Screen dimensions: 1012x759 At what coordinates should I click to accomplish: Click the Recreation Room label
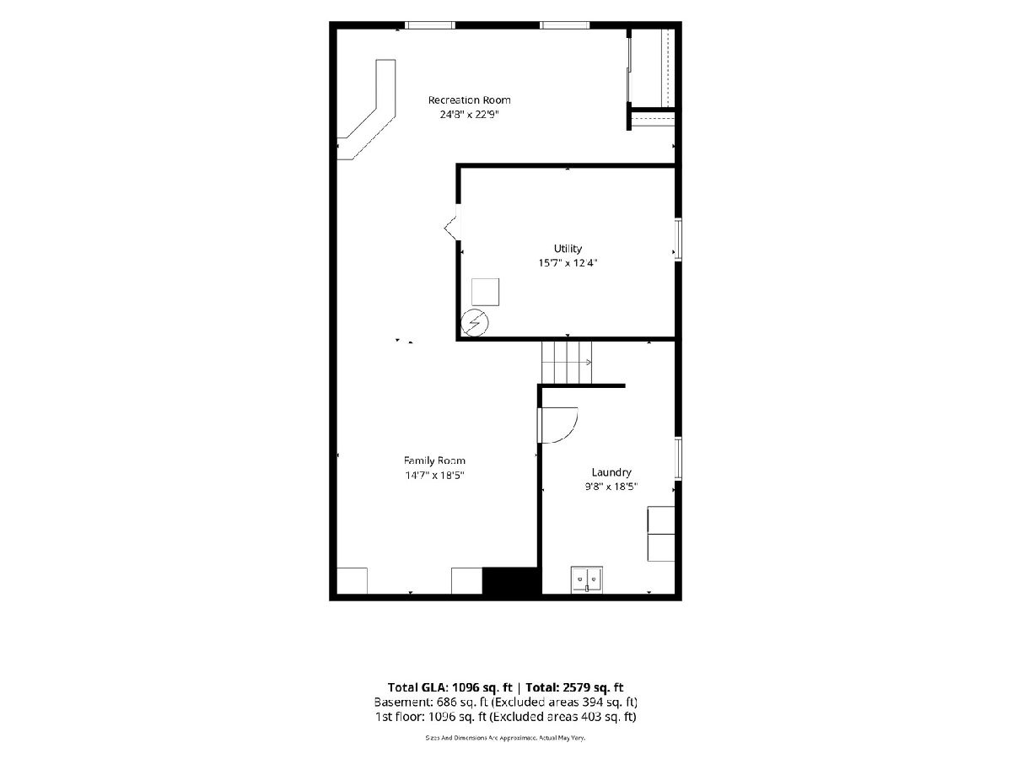(469, 100)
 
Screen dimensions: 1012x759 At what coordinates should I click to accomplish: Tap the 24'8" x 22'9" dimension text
(469, 115)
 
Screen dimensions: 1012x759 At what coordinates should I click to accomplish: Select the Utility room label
(568, 249)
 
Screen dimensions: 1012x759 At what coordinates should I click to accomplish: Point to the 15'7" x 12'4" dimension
(568, 263)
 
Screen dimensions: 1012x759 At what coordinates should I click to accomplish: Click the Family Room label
(434, 460)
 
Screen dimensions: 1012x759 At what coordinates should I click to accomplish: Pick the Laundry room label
(611, 472)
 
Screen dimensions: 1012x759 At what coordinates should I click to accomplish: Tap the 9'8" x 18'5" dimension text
(611, 487)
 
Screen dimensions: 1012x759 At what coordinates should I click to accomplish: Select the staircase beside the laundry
(566, 363)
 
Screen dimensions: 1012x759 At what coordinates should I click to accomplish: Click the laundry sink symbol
(586, 579)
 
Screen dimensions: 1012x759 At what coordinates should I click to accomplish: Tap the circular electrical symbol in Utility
(475, 323)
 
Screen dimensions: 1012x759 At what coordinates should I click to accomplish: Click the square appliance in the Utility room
(485, 292)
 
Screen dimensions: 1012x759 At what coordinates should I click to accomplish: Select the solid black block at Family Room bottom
(510, 581)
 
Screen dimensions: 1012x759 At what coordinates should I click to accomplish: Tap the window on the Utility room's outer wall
(678, 240)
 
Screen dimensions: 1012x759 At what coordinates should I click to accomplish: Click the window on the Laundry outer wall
(678, 459)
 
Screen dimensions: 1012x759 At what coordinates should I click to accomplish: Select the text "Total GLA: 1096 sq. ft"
(450, 687)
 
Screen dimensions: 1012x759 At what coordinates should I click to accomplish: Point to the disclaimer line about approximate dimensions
(505, 738)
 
